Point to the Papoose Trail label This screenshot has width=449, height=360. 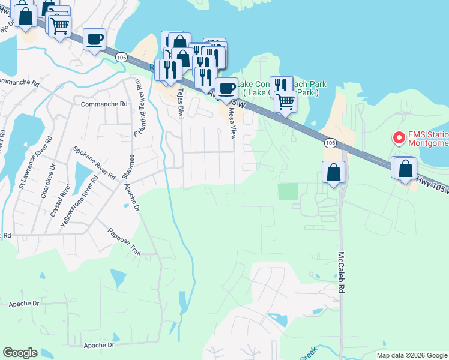[x=124, y=242]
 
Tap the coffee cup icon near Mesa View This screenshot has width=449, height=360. [x=226, y=89]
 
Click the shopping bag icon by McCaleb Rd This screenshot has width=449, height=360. [x=334, y=173]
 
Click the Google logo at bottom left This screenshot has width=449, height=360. [x=20, y=353]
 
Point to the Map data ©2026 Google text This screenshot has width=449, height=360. [x=412, y=355]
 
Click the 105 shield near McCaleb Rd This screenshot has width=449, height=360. [x=330, y=143]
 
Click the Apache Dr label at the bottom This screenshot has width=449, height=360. [x=99, y=346]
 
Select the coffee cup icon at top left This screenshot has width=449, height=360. [x=94, y=40]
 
